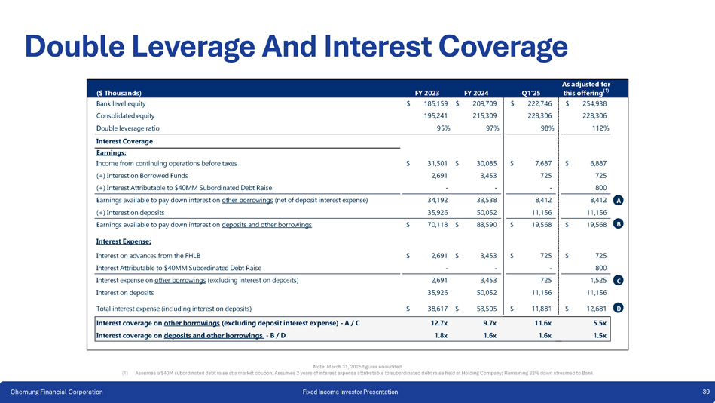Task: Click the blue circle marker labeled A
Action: pos(618,201)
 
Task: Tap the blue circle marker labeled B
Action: pos(618,224)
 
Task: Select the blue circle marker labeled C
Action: pos(618,280)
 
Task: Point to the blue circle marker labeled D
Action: pos(618,308)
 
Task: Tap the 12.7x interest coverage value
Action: pos(439,323)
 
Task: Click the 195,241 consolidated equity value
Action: pos(432,115)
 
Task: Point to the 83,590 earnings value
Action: pos(484,224)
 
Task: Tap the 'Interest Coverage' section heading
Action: pos(124,141)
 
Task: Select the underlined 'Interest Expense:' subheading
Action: pos(124,241)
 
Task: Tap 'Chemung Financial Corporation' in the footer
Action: pos(56,392)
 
